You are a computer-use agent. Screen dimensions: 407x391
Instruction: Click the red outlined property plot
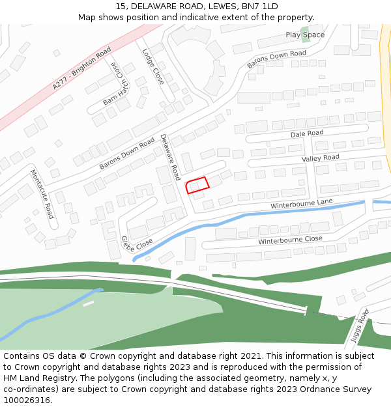(197, 185)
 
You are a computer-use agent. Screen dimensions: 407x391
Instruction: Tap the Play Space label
(305, 35)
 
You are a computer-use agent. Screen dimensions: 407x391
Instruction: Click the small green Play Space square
(305, 48)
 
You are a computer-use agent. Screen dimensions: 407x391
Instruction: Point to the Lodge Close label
(153, 66)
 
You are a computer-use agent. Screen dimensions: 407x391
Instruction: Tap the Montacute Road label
(42, 193)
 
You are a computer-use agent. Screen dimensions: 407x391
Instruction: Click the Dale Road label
(307, 133)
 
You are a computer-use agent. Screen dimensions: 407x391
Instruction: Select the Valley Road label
(321, 158)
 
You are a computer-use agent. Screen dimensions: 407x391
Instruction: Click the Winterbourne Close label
(290, 240)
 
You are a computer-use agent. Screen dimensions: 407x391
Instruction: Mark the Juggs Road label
(359, 326)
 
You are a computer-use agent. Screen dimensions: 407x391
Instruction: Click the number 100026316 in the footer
(27, 400)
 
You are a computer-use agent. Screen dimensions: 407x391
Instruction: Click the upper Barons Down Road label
(276, 59)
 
